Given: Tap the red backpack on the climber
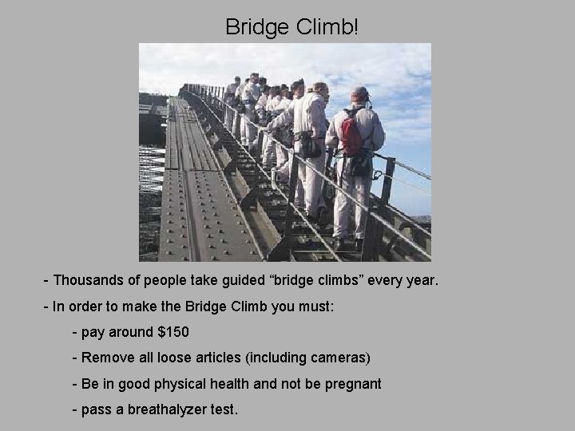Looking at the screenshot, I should pos(351,132).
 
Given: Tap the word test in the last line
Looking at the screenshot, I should pos(223,409).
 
